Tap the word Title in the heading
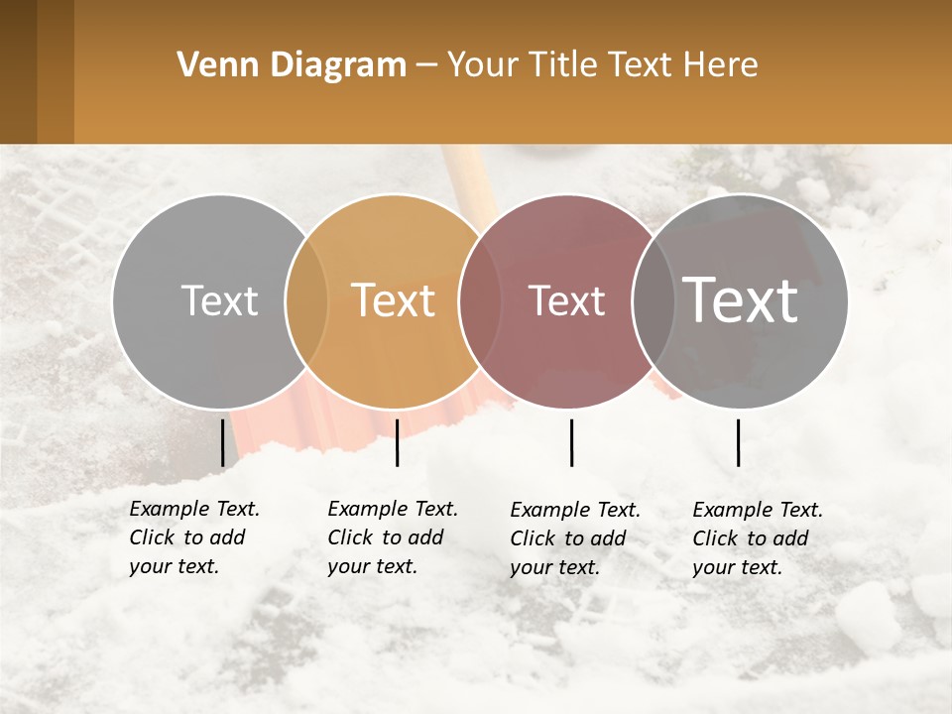560,65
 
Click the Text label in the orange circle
393,300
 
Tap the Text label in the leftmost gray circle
219,300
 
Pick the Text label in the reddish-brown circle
566,300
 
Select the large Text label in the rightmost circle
741,300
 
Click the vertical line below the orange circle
397,442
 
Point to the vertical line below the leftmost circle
222,442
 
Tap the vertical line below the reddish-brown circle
571,442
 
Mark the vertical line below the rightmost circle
738,442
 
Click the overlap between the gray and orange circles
306,300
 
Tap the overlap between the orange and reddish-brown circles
471,300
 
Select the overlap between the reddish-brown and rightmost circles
648,300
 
